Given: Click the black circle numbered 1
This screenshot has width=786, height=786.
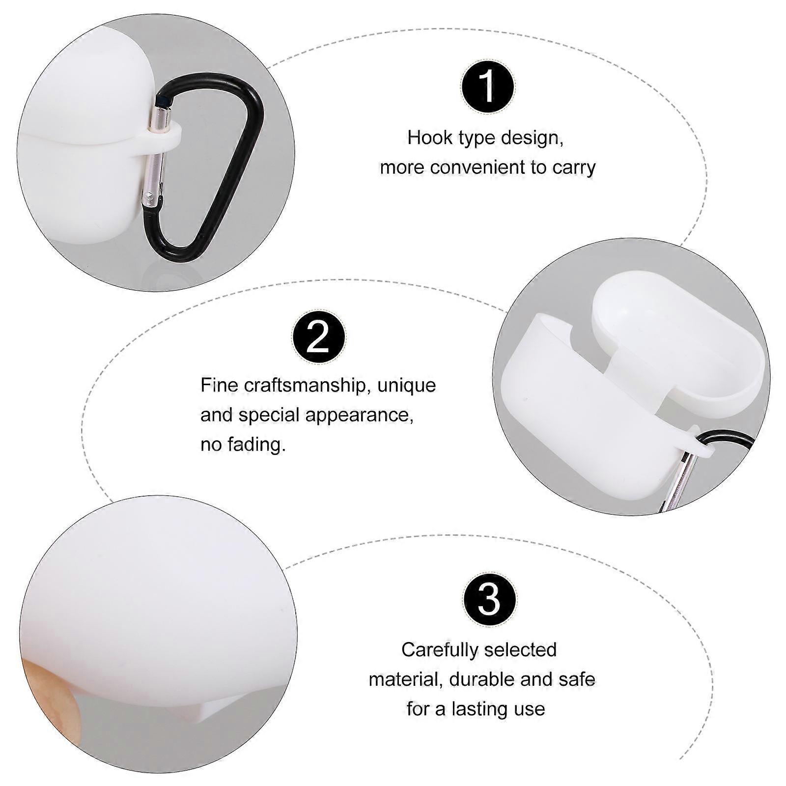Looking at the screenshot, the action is [x=488, y=86].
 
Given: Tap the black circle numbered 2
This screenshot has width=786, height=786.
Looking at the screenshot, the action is [x=318, y=337].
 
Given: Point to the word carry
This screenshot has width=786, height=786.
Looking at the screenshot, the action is [x=574, y=168].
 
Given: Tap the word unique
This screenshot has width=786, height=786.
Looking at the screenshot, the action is [x=406, y=386].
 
